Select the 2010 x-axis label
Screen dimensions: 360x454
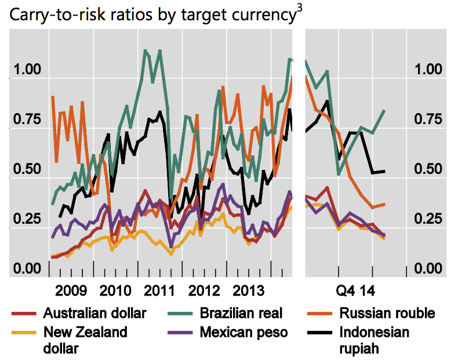coord(116,290)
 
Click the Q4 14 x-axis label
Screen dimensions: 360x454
coord(354,290)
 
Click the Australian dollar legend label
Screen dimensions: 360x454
coord(95,314)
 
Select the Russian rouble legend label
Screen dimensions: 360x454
coord(387,314)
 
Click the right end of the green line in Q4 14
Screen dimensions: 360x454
coord(385,110)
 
